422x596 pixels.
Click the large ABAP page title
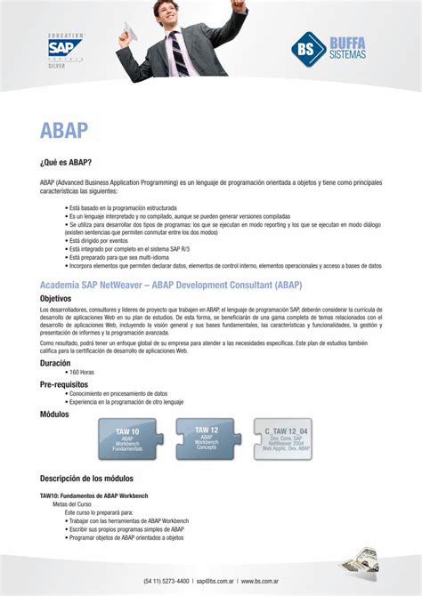pos(64,130)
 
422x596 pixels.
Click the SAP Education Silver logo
pos(66,50)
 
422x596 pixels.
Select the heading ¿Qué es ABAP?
pos(66,163)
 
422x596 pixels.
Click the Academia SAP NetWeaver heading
pos(171,285)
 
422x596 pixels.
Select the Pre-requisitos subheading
pos(63,384)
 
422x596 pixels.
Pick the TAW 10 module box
pos(127,439)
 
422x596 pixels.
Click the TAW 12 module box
pos(207,437)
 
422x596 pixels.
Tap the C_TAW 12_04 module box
pos(286,439)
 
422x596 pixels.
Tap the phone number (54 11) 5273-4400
pos(166,581)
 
